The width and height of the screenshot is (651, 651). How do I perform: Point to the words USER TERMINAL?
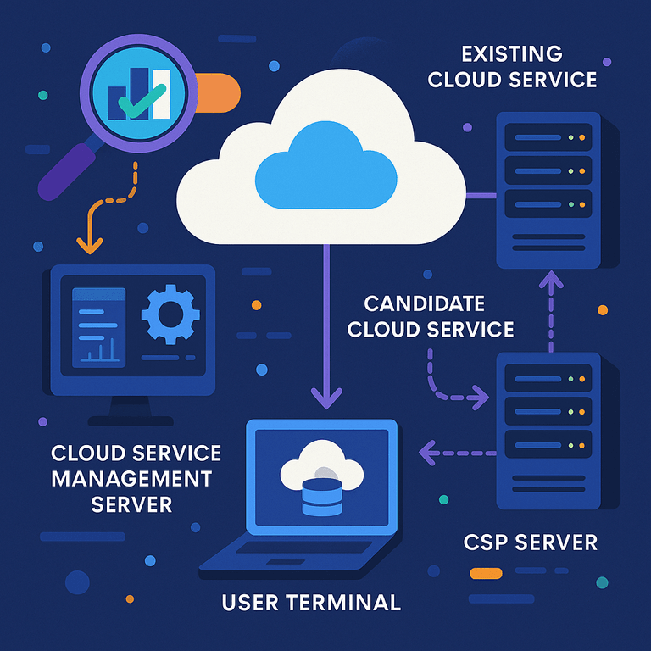tap(310, 603)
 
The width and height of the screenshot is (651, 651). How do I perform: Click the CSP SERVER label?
tap(531, 542)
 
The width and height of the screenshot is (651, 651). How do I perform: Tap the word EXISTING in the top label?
tap(511, 54)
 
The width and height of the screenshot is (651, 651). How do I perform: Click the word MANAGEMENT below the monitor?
tap(131, 478)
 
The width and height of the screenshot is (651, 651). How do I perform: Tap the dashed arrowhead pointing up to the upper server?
tap(552, 279)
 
